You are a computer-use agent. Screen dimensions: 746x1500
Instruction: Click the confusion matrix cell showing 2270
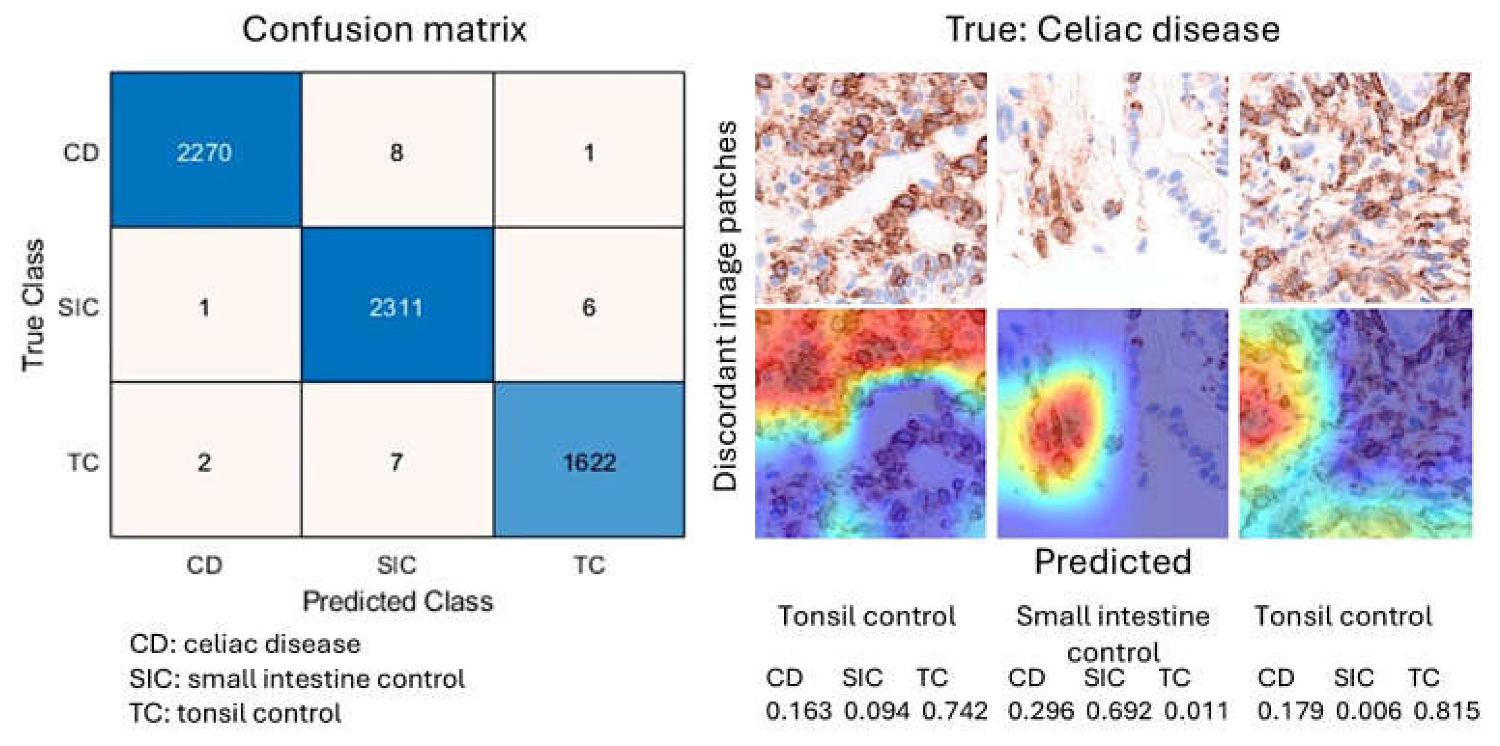(x=204, y=153)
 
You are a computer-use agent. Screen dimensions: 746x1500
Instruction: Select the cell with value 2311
(x=396, y=307)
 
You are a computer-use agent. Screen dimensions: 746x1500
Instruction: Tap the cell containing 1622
(x=589, y=462)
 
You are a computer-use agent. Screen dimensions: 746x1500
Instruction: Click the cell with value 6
(x=589, y=307)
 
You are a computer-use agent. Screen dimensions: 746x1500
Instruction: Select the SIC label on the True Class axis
(x=79, y=307)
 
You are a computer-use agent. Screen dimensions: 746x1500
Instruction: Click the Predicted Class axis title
(x=397, y=601)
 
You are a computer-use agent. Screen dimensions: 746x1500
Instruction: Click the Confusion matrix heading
(x=384, y=29)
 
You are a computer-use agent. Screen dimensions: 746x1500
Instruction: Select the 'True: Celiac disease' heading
(x=1112, y=29)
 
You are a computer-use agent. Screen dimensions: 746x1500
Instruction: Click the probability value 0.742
(x=954, y=711)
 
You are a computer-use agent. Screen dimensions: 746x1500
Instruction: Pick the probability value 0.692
(x=1119, y=711)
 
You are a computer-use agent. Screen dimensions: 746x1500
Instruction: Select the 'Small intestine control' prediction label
(x=1113, y=633)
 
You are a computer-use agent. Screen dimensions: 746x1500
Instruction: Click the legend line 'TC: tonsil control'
(x=235, y=714)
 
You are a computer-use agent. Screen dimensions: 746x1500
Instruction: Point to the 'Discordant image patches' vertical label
(x=725, y=305)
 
